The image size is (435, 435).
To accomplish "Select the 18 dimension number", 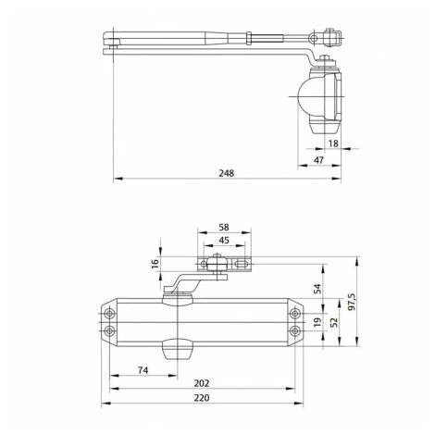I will pyautogui.click(x=332, y=144).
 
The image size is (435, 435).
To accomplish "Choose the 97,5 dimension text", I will pyautogui.click(x=351, y=301).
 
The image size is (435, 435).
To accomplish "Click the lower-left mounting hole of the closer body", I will pyautogui.click(x=111, y=329).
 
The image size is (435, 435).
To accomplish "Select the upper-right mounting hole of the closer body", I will pyautogui.click(x=294, y=310).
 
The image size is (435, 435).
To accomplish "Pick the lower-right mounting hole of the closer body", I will pyautogui.click(x=294, y=329).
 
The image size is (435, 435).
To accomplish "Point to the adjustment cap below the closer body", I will pyautogui.click(x=175, y=349).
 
